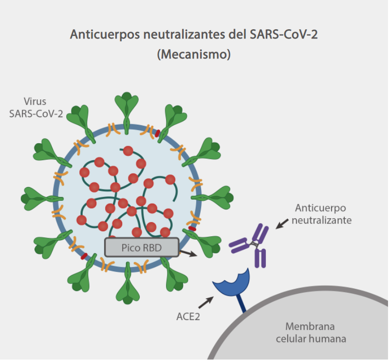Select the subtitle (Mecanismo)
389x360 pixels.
[x=194, y=54]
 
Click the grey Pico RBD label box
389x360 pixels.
[x=141, y=247]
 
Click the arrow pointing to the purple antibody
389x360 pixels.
[x=281, y=224]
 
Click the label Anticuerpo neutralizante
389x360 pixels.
[x=321, y=214]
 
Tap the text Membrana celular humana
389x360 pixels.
[x=311, y=332]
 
